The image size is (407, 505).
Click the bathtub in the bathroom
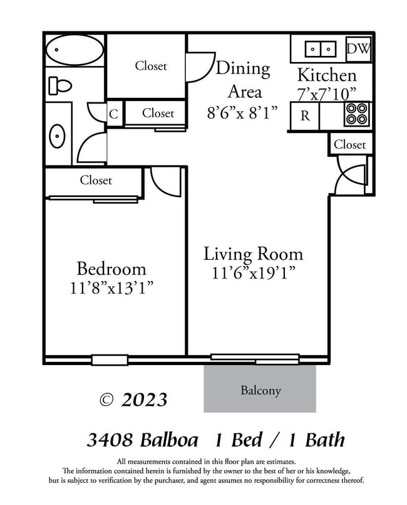[75, 50]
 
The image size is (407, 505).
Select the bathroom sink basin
[58, 136]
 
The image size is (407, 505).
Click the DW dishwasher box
[358, 49]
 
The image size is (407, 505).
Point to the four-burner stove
[357, 115]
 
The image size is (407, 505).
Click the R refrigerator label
[305, 116]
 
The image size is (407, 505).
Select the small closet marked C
[113, 114]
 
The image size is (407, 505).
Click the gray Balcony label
[260, 390]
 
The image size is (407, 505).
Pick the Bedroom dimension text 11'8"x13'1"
[112, 289]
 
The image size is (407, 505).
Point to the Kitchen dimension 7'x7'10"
[327, 94]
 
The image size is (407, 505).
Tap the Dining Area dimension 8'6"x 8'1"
[242, 113]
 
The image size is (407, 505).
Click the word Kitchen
[327, 75]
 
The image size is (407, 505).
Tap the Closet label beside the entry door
[349, 144]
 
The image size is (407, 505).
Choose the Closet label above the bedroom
[96, 181]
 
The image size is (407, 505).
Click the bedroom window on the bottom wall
[110, 360]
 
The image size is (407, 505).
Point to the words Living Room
[253, 254]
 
